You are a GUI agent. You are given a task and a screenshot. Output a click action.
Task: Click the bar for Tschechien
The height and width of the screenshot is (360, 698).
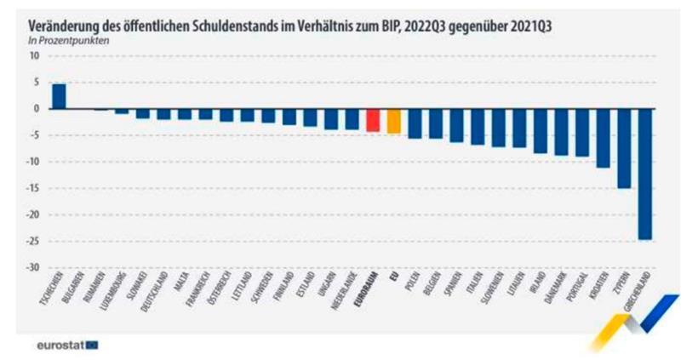pos(59,96)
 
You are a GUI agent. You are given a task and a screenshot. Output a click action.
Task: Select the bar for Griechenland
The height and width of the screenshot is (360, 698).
pos(645,174)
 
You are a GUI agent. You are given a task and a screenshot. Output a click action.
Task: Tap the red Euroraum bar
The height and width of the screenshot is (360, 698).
pos(373,120)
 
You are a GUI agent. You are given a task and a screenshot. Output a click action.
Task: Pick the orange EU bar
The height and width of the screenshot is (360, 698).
pos(393,121)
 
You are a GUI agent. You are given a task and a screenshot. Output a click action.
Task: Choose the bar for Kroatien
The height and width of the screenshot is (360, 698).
pos(604,138)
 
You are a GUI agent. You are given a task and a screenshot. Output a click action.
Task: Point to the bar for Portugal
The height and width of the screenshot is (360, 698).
pos(582,133)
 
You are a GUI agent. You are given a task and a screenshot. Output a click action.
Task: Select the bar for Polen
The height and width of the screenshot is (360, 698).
pos(415,123)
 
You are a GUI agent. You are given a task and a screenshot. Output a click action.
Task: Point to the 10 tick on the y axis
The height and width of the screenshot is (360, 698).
pos(36,56)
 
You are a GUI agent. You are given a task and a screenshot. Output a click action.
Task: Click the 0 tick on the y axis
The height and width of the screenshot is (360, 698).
pos(37,109)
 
